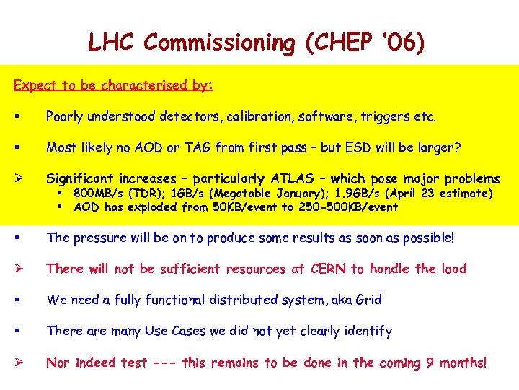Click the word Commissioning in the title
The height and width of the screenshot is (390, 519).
[x=219, y=43]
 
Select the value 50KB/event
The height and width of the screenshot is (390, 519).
[x=244, y=207]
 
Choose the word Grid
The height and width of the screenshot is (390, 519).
[x=368, y=300]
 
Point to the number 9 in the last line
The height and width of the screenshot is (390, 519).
[x=430, y=362]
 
